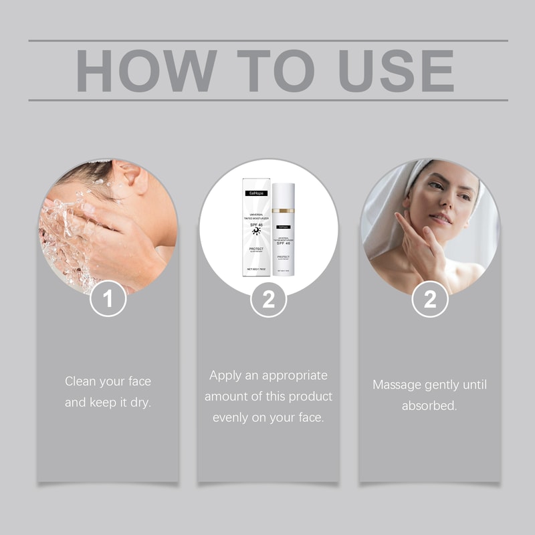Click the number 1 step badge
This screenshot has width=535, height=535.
tap(108, 300)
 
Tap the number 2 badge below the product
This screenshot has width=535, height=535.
tap(268, 300)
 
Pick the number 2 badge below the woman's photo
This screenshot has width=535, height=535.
tap(429, 300)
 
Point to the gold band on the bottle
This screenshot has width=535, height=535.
tap(284, 211)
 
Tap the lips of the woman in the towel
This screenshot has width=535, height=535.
tap(439, 218)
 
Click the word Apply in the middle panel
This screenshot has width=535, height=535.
tap(225, 375)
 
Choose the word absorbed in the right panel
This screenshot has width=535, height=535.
tap(429, 406)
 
